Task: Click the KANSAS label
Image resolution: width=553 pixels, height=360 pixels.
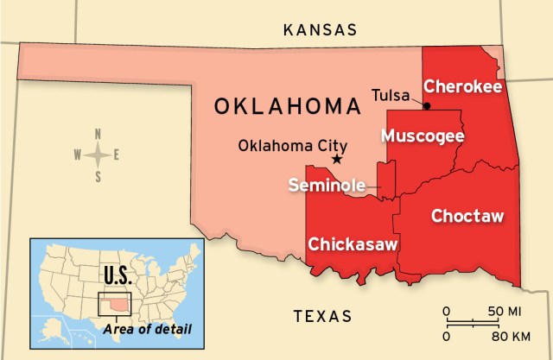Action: [320, 29]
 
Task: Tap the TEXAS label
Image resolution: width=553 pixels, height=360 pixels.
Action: [322, 316]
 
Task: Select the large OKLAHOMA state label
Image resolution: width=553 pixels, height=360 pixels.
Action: [287, 107]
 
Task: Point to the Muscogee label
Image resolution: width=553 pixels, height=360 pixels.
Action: [423, 136]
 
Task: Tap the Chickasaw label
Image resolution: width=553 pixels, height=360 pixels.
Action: [353, 243]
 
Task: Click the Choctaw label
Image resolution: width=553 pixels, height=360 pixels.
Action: [467, 215]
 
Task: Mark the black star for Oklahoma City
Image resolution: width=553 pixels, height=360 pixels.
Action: [337, 159]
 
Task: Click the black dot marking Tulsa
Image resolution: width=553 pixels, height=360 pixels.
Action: [427, 105]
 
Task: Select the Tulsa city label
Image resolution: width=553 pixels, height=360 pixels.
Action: [391, 94]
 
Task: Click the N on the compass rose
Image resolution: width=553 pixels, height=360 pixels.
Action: [99, 134]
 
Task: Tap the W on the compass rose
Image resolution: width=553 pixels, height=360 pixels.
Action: [77, 155]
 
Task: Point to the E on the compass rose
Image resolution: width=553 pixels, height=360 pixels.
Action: [118, 155]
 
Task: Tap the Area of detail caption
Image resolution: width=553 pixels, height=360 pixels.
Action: [146, 329]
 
